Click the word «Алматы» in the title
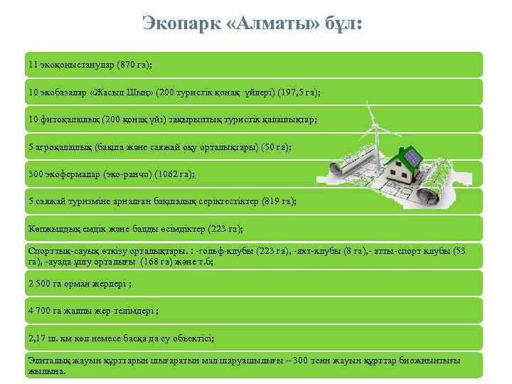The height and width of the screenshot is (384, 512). [x=270, y=23]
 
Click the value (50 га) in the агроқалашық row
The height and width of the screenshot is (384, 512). [x=274, y=147]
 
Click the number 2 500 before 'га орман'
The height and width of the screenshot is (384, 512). [x=40, y=283]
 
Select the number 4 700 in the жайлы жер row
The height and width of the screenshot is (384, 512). [x=40, y=311]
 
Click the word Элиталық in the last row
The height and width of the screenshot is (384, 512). [x=47, y=361]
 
